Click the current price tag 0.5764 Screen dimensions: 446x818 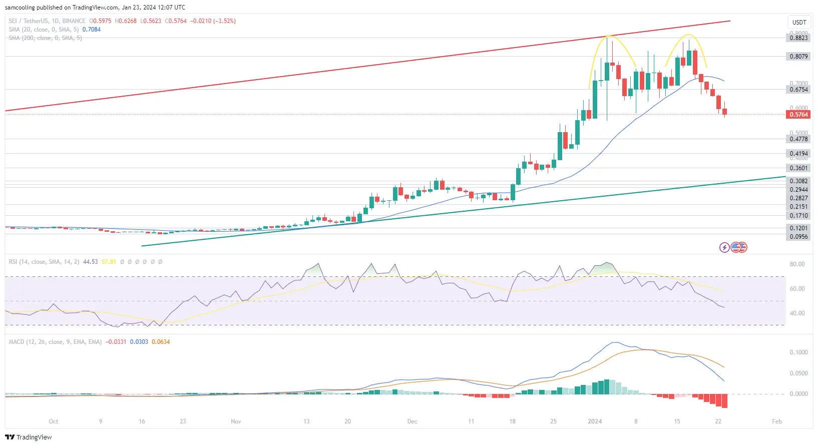pyautogui.click(x=798, y=115)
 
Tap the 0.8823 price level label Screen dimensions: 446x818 pyautogui.click(x=798, y=38)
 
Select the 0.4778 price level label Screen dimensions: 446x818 pyautogui.click(x=798, y=139)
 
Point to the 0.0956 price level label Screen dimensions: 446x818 pyautogui.click(x=798, y=237)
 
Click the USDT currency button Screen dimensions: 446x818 pyautogui.click(x=799, y=23)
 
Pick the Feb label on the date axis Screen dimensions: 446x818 pyautogui.click(x=776, y=421)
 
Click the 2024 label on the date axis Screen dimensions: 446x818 pyautogui.click(x=595, y=421)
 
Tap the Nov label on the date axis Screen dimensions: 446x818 pyautogui.click(x=236, y=421)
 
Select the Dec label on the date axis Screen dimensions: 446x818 pyautogui.click(x=412, y=421)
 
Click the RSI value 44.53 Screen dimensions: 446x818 pyautogui.click(x=90, y=262)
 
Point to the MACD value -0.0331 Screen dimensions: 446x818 pyautogui.click(x=116, y=342)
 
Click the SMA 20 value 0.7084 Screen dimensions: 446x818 pyautogui.click(x=92, y=30)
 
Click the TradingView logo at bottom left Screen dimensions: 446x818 pyautogui.click(x=29, y=437)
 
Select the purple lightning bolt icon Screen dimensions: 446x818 pyautogui.click(x=724, y=247)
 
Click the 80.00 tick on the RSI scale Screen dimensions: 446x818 pyautogui.click(x=797, y=264)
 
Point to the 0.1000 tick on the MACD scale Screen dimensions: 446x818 pyautogui.click(x=798, y=352)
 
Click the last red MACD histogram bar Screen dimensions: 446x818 pyautogui.click(x=724, y=401)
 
